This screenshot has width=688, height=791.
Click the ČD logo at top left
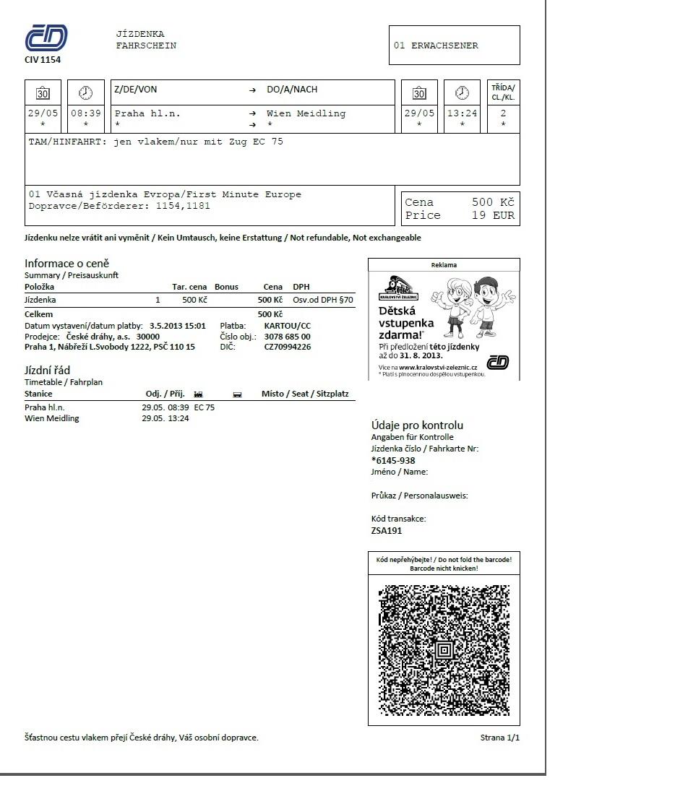click(46, 38)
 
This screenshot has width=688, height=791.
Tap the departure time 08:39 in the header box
click(86, 113)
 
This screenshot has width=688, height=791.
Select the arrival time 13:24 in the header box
click(462, 113)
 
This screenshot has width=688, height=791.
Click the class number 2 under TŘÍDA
click(503, 113)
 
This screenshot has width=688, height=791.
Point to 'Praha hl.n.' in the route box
click(147, 113)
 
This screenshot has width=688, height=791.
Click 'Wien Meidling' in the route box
click(306, 113)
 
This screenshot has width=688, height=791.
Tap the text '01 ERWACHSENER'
click(436, 46)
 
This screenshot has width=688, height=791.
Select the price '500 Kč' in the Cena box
click(493, 202)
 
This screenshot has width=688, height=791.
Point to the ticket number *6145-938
click(393, 460)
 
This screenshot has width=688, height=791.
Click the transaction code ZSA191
click(387, 531)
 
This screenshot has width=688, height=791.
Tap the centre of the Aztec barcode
click(444, 650)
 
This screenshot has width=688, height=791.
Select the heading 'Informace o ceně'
click(66, 263)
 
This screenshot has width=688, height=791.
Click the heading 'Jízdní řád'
click(47, 371)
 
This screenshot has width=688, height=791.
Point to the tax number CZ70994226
click(288, 347)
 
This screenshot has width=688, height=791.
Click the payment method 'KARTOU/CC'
click(288, 326)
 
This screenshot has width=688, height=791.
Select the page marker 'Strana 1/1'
click(499, 738)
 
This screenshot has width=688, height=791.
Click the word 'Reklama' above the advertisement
click(444, 265)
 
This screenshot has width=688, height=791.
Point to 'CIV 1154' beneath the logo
click(43, 60)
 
